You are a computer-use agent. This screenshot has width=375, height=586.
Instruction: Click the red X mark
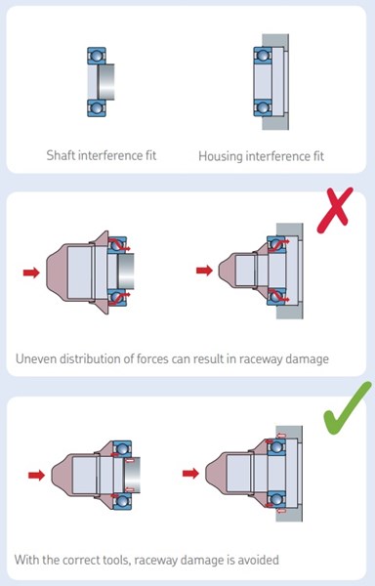[x=335, y=211]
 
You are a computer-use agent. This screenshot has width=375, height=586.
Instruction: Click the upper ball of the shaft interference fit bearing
[x=97, y=56]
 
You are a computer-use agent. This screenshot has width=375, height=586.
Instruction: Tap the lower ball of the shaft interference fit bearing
[x=97, y=108]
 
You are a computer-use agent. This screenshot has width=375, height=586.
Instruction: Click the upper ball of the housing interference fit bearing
[x=263, y=56]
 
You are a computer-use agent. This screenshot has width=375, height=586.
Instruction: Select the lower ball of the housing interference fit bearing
[x=263, y=107]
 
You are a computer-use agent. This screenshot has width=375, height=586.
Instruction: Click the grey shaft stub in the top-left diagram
[x=106, y=82]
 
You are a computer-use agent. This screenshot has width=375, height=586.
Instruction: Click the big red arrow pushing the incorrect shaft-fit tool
[x=31, y=272]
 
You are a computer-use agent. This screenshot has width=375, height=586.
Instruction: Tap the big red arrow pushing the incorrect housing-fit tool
[x=204, y=271]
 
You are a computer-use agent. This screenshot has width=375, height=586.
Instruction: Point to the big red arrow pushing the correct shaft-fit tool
[x=36, y=475]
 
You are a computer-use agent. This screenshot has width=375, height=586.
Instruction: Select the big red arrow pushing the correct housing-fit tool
[x=190, y=474]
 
